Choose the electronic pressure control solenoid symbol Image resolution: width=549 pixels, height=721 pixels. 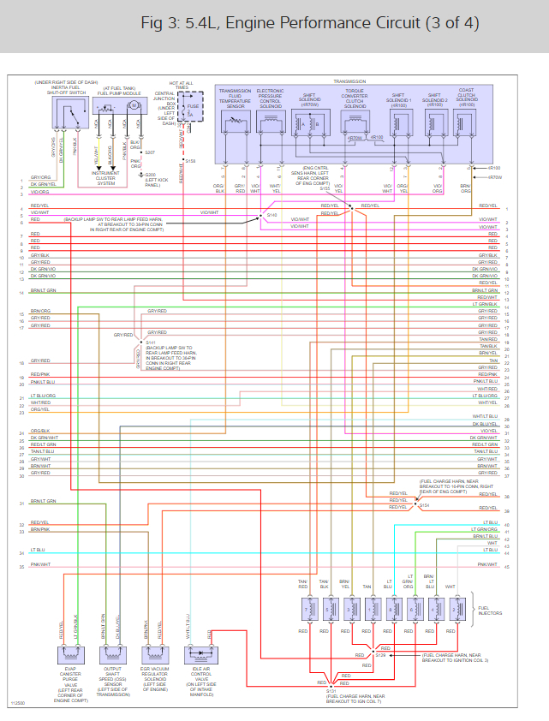(x=270, y=124)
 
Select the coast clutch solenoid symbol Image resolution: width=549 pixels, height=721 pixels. (x=465, y=124)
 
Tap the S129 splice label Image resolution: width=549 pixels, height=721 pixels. (x=381, y=655)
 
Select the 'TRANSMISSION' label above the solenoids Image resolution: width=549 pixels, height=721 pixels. (x=349, y=81)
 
